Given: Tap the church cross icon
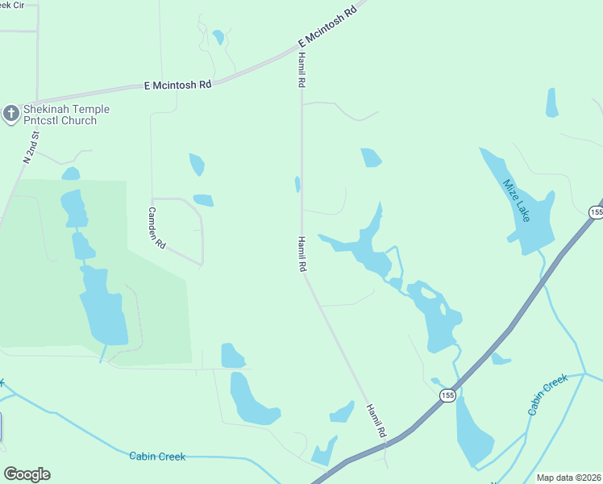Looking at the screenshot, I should click(10, 114).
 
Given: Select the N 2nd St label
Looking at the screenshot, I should click(31, 146).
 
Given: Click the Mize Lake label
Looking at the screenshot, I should click(516, 201).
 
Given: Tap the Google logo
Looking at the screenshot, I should click(27, 474).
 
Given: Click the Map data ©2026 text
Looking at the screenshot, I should click(569, 478).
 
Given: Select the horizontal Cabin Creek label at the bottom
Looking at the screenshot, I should click(157, 457).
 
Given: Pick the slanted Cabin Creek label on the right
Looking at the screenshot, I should click(548, 394).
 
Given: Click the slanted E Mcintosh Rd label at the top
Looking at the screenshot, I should click(326, 27).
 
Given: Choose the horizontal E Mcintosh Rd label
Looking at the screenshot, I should click(177, 84).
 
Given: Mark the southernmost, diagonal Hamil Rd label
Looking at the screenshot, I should click(376, 420).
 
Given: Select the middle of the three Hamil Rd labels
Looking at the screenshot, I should click(301, 253).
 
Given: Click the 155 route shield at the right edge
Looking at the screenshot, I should click(596, 212).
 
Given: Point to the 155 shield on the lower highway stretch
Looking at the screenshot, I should click(448, 394).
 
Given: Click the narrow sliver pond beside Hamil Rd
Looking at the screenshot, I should click(297, 184).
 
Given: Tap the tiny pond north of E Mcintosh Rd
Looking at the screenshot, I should click(218, 37).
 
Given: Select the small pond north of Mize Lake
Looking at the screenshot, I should click(552, 102).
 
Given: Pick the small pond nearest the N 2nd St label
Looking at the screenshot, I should click(71, 173).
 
